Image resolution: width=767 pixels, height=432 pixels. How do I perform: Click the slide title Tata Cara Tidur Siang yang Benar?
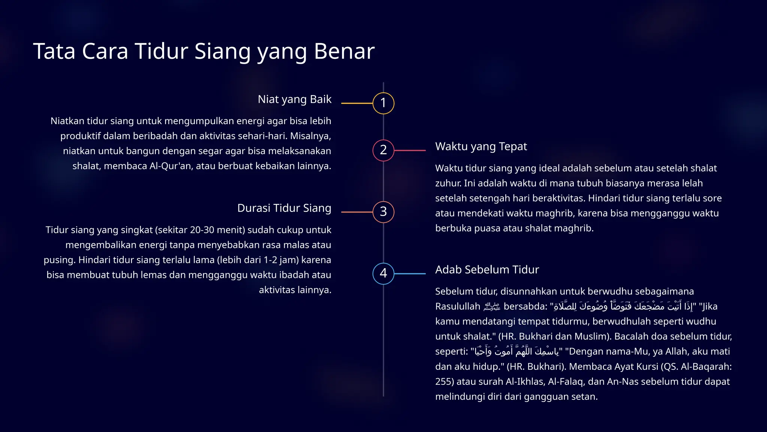(204, 51)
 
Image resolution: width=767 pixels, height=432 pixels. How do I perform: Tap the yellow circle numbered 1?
(383, 103)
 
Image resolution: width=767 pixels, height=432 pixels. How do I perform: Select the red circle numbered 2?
(383, 150)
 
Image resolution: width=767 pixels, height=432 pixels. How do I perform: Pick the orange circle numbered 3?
(383, 212)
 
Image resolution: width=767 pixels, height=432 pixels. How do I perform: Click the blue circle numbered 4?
(383, 273)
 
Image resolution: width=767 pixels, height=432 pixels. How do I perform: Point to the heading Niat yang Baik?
(294, 99)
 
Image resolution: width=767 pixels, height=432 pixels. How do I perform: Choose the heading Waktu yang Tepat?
(481, 146)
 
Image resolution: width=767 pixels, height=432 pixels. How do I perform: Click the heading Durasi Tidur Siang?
(284, 208)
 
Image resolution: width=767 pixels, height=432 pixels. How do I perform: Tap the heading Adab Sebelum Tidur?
(487, 270)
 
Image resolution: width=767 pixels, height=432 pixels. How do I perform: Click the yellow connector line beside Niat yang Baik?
(357, 103)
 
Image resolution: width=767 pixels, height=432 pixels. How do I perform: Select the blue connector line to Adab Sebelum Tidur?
(410, 274)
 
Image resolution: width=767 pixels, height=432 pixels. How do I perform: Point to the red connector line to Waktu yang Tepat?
(410, 150)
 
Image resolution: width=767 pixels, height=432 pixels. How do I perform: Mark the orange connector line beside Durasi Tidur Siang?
(357, 212)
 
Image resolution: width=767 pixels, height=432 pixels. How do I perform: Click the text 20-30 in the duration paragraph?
(202, 230)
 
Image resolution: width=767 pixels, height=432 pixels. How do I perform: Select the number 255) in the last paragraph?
(444, 382)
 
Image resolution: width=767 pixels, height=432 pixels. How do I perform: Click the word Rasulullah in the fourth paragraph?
(457, 307)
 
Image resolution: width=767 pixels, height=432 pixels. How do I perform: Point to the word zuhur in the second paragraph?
(448, 183)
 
